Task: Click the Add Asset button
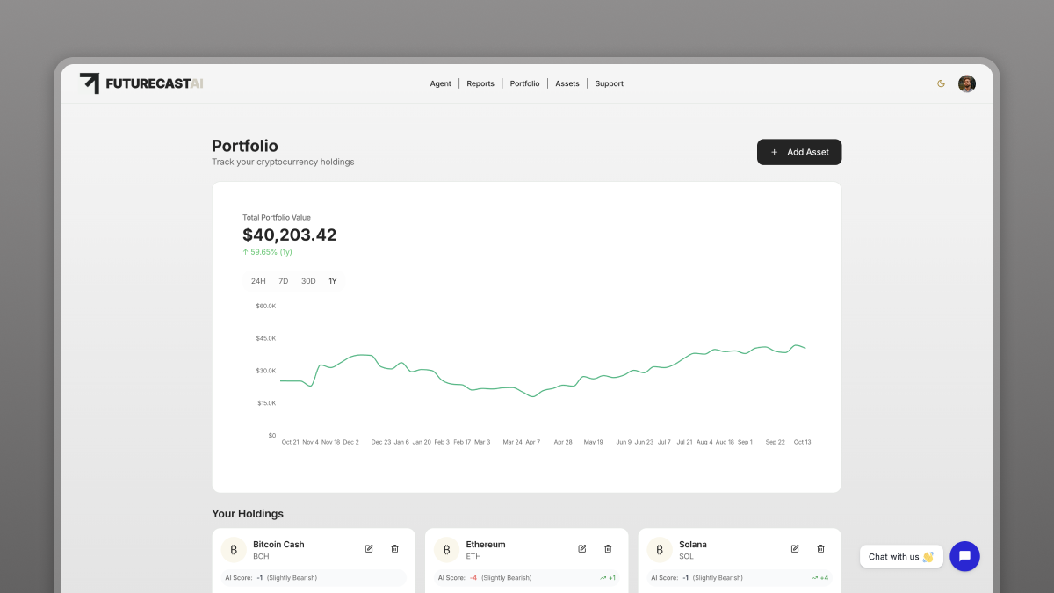(x=798, y=152)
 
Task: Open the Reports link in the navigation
(x=480, y=83)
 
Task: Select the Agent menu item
(x=440, y=83)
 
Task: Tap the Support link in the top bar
(x=609, y=83)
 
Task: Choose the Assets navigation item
(x=567, y=83)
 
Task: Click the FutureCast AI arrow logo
(x=90, y=83)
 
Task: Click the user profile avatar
(x=966, y=83)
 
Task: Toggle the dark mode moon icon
(x=941, y=83)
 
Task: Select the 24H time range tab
(x=258, y=281)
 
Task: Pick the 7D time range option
(x=283, y=281)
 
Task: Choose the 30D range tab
(x=308, y=281)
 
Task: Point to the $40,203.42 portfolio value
(x=289, y=235)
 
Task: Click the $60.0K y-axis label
(x=265, y=306)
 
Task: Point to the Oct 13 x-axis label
(x=802, y=442)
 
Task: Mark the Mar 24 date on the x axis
(x=512, y=442)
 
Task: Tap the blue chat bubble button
(x=964, y=556)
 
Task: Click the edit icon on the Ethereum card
(x=581, y=549)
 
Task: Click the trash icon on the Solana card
(x=820, y=549)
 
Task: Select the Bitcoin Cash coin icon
(x=234, y=550)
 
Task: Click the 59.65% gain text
(x=267, y=252)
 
